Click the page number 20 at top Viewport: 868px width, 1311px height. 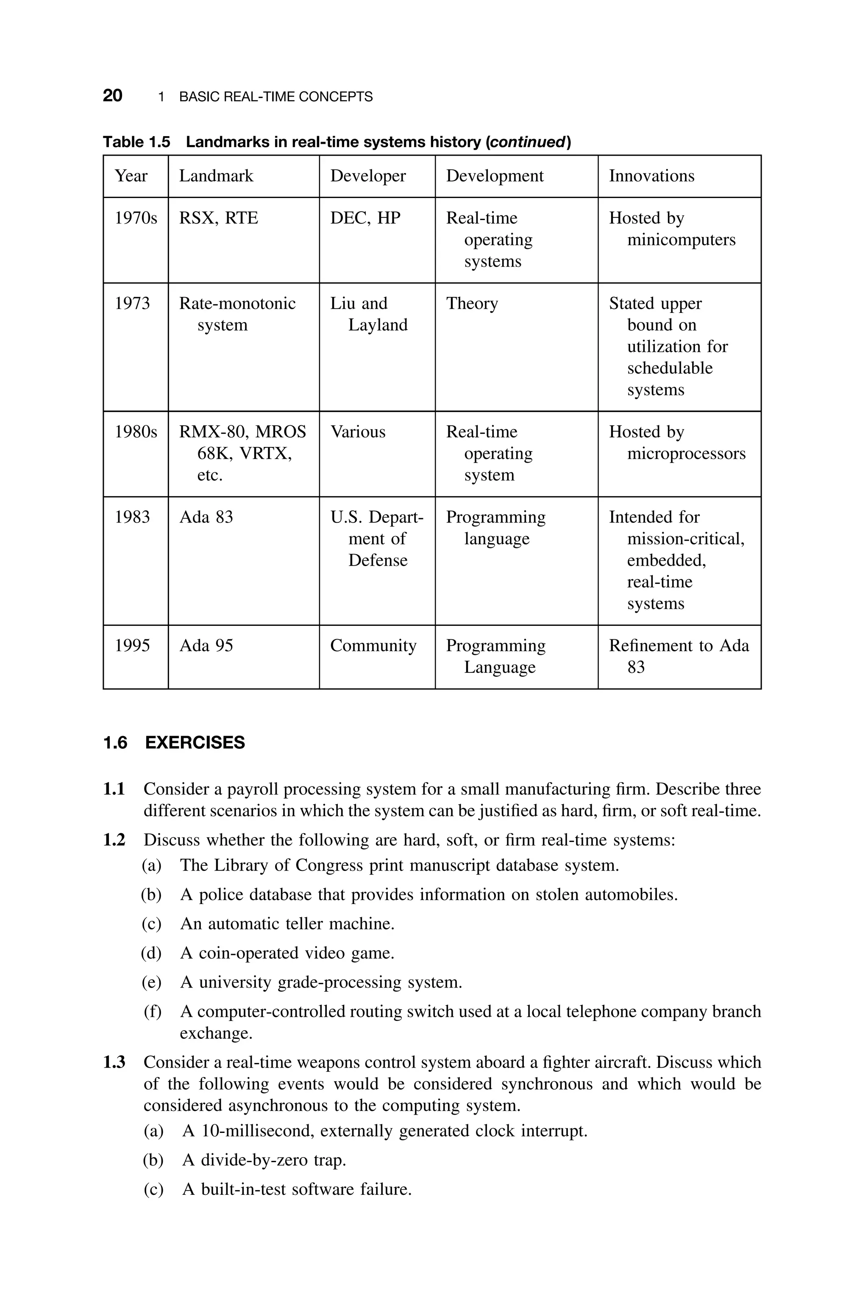tap(112, 96)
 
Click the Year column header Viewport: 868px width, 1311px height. tap(131, 176)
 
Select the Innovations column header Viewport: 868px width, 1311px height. tap(651, 176)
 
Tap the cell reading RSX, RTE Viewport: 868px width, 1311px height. tap(219, 218)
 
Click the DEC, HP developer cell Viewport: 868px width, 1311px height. tap(365, 218)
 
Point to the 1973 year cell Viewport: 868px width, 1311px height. tap(132, 304)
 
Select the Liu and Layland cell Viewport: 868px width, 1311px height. tap(369, 314)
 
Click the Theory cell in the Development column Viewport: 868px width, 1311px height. tap(472, 304)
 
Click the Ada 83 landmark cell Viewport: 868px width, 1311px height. tap(206, 517)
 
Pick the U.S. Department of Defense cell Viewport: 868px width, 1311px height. tap(377, 538)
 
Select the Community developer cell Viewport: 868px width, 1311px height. tap(373, 645)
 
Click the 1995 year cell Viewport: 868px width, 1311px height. tap(132, 645)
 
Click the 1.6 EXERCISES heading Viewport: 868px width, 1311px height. tap(174, 742)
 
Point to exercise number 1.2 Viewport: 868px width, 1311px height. tap(114, 840)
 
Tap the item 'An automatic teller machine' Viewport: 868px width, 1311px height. tap(287, 923)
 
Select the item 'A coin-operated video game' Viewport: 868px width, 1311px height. tap(287, 953)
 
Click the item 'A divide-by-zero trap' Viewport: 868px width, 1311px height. tap(264, 1160)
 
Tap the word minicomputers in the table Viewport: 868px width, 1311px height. tap(681, 240)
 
